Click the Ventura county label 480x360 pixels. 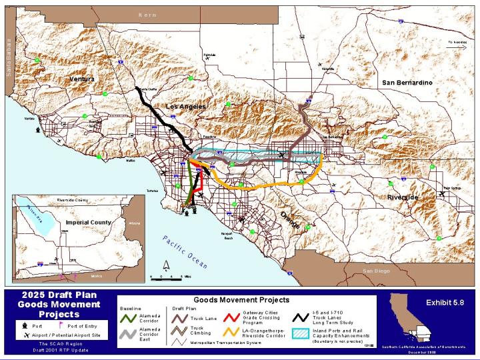pyautogui.click(x=82, y=79)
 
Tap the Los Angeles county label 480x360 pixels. pyautogui.click(x=185, y=107)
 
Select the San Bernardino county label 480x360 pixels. pyautogui.click(x=407, y=82)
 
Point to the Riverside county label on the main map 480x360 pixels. pyautogui.click(x=403, y=198)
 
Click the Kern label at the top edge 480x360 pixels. pyautogui.click(x=147, y=14)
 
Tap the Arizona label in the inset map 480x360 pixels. pyautogui.click(x=134, y=223)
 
